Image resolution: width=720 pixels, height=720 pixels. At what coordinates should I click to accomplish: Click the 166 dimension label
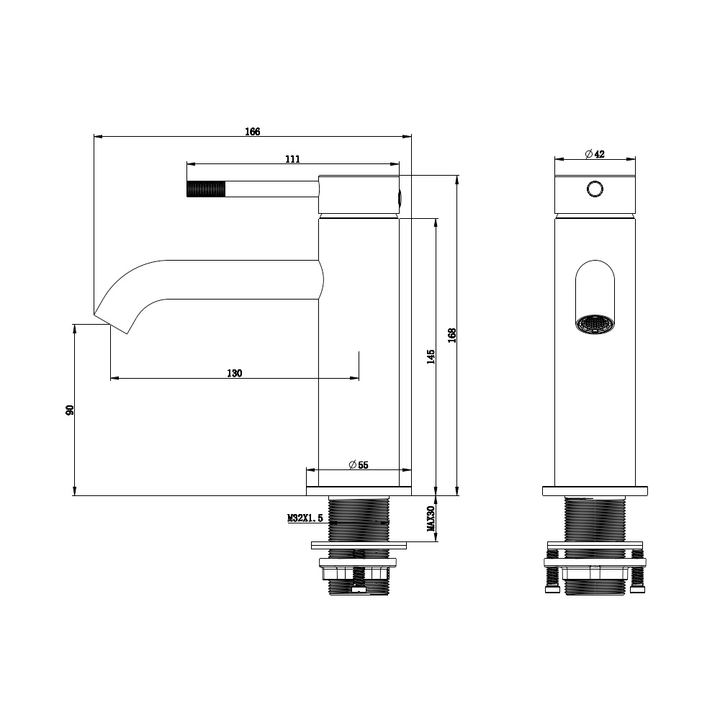[253, 132]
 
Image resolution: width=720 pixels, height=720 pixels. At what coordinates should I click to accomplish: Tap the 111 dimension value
[292, 159]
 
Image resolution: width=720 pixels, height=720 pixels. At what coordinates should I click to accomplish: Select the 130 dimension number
[234, 373]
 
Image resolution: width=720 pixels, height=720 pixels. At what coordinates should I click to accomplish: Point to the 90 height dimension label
[70, 410]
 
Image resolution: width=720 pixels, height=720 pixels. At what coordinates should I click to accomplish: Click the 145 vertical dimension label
[431, 357]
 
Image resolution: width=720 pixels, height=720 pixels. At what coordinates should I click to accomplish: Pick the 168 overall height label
[452, 336]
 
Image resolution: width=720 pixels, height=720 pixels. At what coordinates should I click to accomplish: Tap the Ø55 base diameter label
[359, 465]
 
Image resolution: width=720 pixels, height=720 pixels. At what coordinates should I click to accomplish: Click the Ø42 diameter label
[595, 154]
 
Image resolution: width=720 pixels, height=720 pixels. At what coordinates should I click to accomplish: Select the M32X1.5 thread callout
[305, 518]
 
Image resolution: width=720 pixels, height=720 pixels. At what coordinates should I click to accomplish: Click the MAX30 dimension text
[431, 519]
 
